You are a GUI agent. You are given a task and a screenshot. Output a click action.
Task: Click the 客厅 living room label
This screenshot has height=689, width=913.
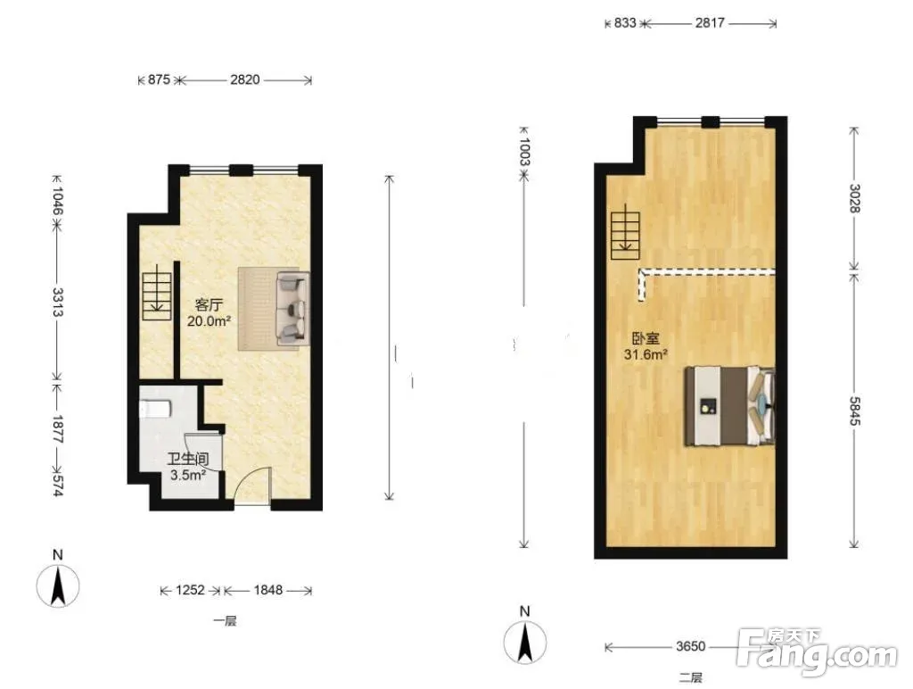[x=209, y=305]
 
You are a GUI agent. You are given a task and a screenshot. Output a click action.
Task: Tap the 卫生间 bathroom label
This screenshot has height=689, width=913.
[x=188, y=460]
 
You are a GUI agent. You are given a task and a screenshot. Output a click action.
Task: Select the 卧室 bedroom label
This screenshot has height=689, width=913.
[x=646, y=338]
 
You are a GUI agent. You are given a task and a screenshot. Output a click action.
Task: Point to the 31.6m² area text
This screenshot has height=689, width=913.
[x=646, y=354]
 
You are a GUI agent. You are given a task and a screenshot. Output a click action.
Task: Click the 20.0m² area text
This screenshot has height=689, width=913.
[x=209, y=320]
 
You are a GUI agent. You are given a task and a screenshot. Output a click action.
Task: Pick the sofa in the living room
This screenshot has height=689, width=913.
[x=292, y=309]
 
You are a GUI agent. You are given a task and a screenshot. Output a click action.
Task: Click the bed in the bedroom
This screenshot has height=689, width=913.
[x=729, y=406]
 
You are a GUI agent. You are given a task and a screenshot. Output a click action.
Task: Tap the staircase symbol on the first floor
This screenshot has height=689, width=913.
[x=157, y=292]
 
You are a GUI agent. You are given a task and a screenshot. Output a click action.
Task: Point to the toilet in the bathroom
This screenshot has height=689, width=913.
[x=154, y=409]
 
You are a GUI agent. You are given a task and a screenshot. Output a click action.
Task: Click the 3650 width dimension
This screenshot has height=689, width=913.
[x=691, y=646]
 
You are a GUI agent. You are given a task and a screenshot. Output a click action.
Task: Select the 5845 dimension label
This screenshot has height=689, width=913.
[x=854, y=411]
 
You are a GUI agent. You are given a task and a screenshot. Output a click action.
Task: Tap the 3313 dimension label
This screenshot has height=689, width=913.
[x=57, y=302]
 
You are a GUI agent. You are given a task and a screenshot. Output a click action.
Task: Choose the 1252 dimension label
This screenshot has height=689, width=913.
[x=191, y=590]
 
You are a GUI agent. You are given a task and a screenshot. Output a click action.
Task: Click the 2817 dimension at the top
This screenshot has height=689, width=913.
[x=710, y=22]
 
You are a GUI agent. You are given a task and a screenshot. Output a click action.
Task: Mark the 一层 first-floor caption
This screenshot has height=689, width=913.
[x=225, y=621]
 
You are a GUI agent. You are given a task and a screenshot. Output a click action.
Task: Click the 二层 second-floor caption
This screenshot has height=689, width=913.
[x=691, y=678]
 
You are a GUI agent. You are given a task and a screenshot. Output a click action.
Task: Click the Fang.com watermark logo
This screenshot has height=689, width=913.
[x=817, y=652]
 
